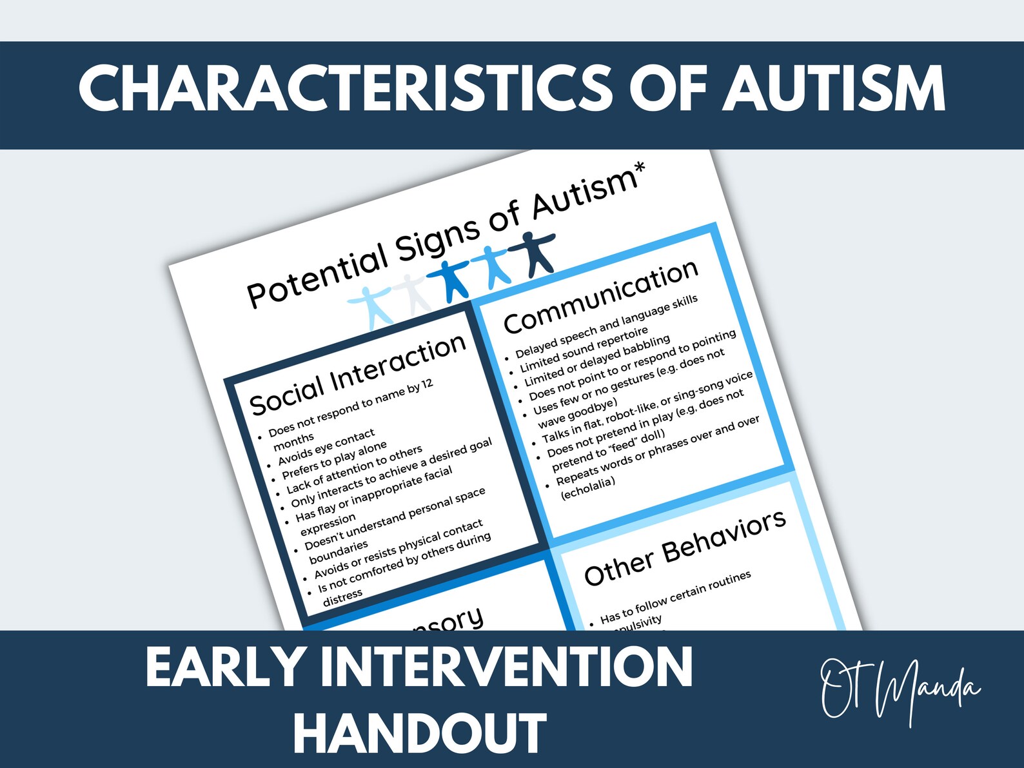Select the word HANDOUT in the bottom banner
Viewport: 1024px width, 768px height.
pos(420,733)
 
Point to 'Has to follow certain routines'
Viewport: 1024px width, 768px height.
pos(675,596)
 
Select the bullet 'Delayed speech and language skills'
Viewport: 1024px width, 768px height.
pos(606,326)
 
